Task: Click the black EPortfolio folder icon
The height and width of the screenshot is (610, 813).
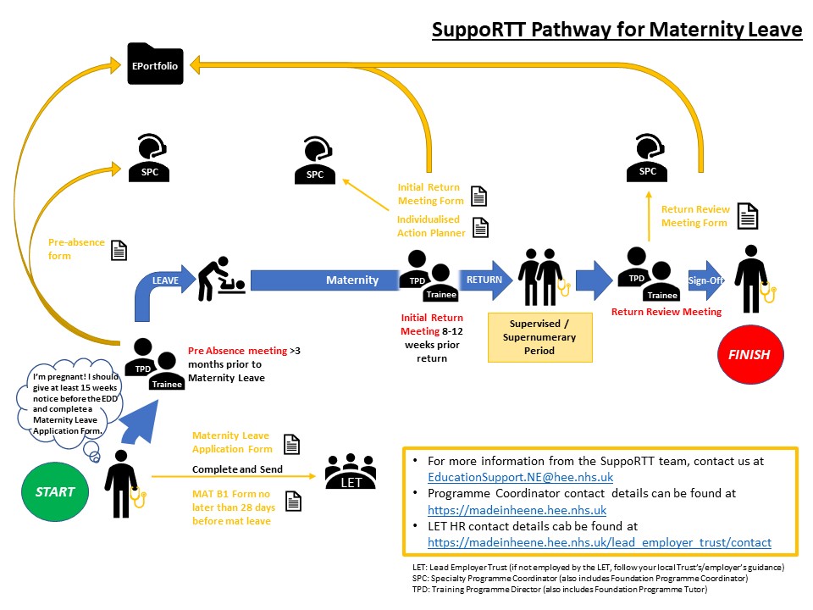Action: (x=155, y=64)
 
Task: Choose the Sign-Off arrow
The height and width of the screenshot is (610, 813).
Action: (x=706, y=280)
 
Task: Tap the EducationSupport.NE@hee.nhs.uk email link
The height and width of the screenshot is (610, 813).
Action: (x=520, y=477)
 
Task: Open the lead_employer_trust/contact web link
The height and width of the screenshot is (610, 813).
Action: (x=600, y=542)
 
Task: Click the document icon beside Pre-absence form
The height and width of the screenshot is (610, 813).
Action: (x=119, y=250)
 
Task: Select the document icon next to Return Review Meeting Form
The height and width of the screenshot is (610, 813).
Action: (x=746, y=216)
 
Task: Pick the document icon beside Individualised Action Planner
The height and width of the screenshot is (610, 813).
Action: (x=480, y=227)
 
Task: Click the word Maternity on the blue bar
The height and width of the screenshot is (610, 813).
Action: (x=352, y=280)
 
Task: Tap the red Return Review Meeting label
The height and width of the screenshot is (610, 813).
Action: (x=666, y=312)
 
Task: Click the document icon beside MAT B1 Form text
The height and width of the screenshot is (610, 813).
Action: (x=294, y=501)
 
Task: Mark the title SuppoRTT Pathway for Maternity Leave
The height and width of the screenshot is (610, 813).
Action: (x=617, y=30)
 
